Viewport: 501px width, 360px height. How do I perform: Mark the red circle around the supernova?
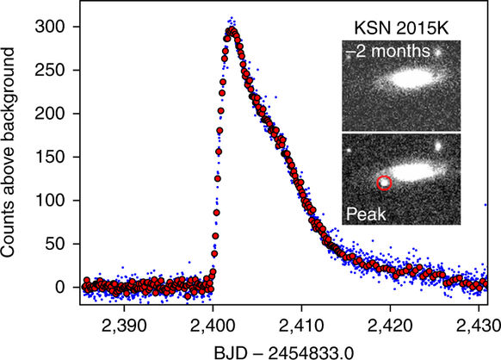point(385,182)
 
